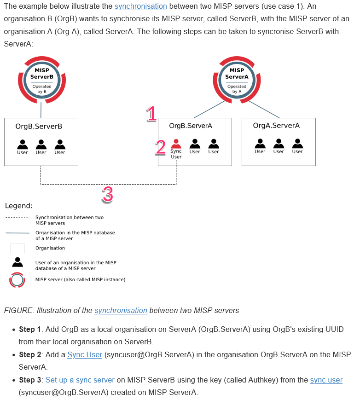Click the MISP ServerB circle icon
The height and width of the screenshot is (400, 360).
click(x=42, y=80)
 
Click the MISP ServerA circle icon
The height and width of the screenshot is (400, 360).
click(x=237, y=80)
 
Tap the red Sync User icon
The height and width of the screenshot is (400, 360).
click(x=176, y=144)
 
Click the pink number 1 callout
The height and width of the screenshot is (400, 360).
click(x=151, y=114)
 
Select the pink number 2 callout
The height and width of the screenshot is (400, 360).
click(x=161, y=147)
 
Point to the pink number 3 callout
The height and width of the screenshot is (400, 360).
click(x=107, y=195)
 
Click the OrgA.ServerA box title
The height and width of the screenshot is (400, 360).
click(x=276, y=125)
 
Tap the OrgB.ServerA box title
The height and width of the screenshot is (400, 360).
click(x=191, y=126)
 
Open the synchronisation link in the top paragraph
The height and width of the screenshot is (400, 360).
click(x=140, y=6)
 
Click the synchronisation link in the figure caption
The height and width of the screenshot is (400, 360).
click(x=121, y=310)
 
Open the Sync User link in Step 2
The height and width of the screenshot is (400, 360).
click(x=85, y=354)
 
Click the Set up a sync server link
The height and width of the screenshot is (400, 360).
click(x=80, y=380)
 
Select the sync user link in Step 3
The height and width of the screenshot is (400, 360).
click(x=326, y=380)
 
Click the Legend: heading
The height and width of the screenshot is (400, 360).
click(x=19, y=206)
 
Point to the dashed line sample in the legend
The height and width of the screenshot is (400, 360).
click(x=17, y=218)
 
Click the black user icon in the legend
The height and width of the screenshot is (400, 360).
click(x=17, y=262)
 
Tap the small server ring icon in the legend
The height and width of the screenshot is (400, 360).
click(x=17, y=280)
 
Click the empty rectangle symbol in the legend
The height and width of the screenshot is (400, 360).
click(x=17, y=248)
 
